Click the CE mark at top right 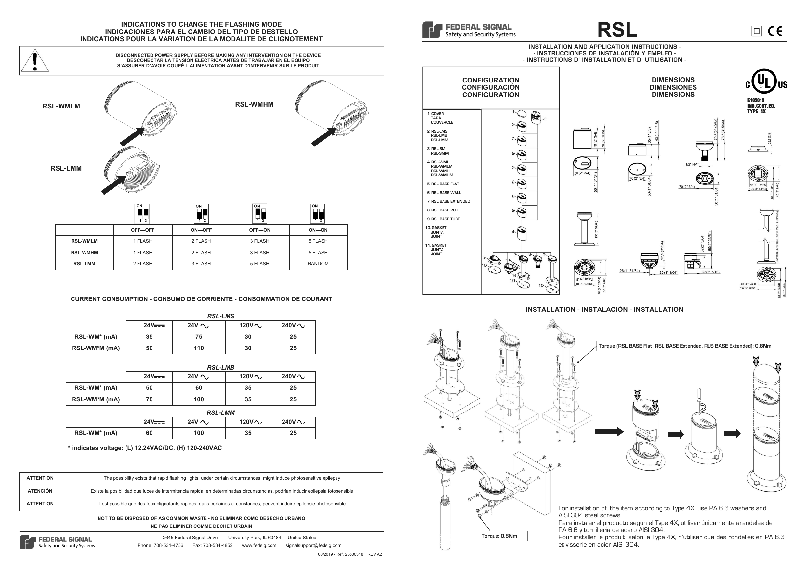775,31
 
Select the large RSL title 617,30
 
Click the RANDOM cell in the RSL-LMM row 318,264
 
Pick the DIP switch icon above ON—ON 317,213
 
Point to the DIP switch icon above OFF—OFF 142,213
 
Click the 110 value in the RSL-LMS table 199,348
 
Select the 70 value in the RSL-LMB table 149,399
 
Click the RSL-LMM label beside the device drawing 66,168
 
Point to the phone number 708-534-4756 168,545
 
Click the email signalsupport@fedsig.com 313,545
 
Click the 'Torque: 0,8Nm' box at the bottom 503,536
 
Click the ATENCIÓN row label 40,491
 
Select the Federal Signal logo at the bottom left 57,542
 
